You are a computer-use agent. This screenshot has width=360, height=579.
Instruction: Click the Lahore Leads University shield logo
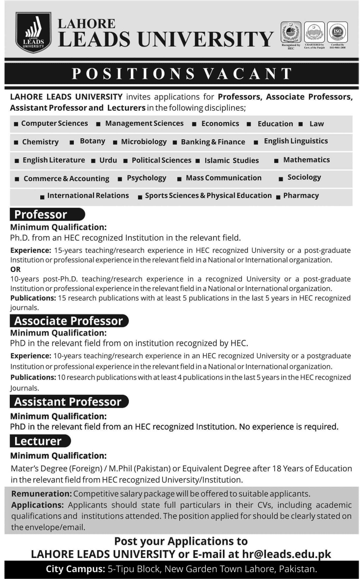point(33,32)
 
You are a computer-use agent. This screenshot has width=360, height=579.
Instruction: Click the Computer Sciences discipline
point(54,123)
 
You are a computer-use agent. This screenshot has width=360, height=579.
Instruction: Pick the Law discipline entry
point(316,124)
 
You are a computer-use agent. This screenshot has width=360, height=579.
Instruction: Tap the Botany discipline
point(93,141)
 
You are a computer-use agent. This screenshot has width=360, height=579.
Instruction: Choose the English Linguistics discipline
point(296,141)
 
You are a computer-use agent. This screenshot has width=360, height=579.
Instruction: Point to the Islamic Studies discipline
point(232,160)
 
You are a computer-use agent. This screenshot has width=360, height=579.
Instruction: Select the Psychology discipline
point(146,178)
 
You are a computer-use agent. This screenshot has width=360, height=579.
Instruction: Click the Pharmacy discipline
point(301,195)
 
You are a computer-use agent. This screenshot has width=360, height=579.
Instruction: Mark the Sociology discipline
point(304,177)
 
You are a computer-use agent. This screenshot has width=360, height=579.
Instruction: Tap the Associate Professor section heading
point(69,321)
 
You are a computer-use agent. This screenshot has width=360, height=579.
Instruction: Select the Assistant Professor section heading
point(68,402)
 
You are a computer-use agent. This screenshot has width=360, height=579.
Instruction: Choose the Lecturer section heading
point(38,441)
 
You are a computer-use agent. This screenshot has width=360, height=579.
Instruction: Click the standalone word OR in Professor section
point(15,269)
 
